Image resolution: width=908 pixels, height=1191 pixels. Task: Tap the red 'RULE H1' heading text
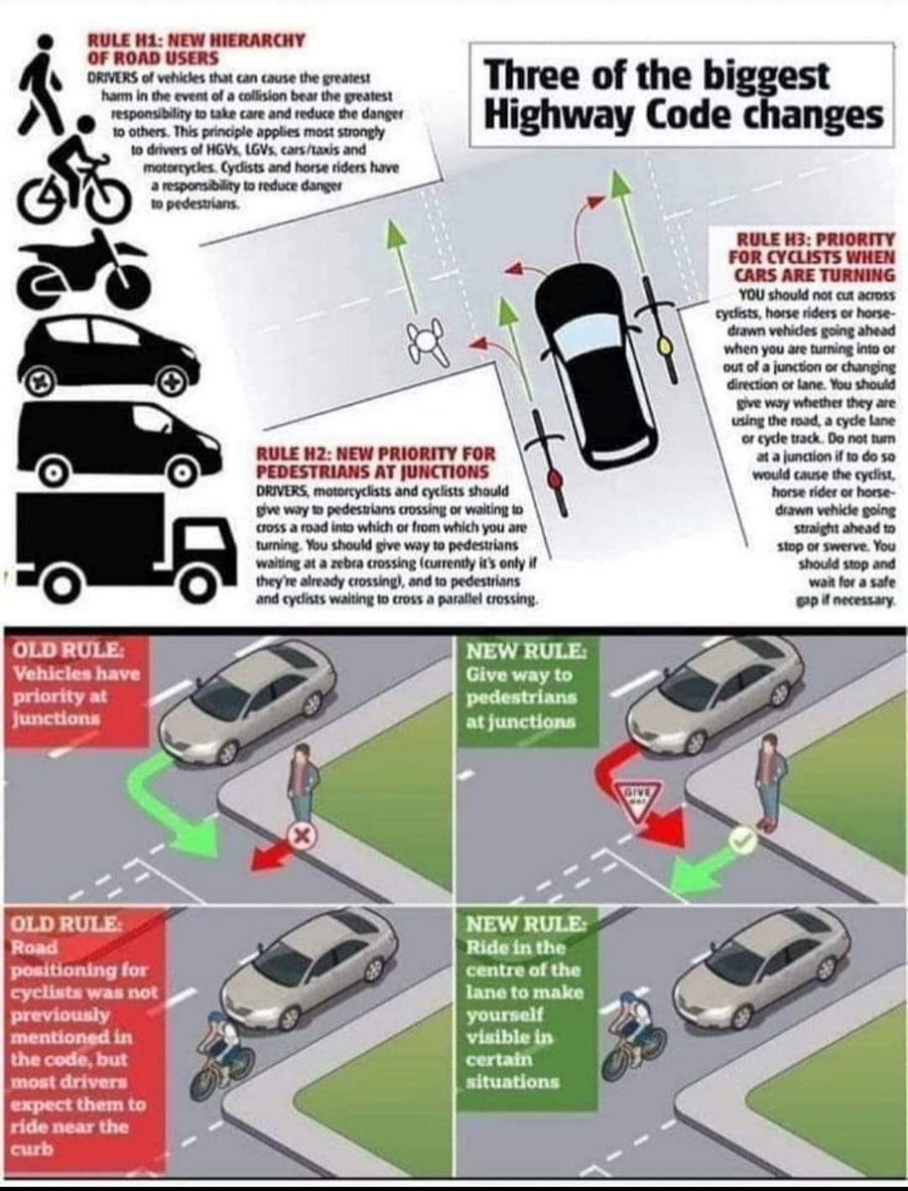coord(195,49)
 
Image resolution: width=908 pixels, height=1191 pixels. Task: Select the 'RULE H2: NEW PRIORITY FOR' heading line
coord(375,454)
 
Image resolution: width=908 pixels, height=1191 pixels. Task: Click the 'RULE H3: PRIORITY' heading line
coord(815,239)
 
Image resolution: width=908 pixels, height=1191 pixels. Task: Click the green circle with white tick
coord(741,841)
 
